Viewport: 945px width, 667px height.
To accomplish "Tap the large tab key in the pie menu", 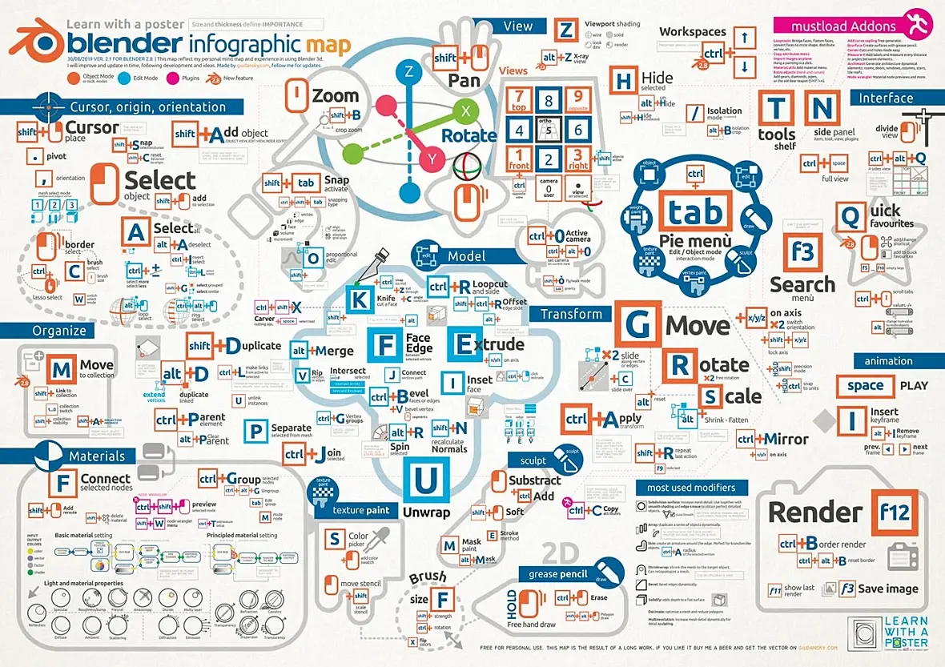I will [694, 212].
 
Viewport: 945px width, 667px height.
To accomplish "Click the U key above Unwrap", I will [425, 480].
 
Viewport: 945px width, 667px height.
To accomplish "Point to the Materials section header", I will [96, 456].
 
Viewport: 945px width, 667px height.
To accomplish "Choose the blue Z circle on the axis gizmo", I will [408, 72].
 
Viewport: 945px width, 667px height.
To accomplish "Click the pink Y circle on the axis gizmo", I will [432, 159].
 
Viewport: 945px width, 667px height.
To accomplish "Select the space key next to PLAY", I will [865, 386].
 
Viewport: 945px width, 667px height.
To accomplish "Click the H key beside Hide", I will [623, 82].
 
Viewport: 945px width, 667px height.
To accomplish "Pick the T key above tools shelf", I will [776, 109].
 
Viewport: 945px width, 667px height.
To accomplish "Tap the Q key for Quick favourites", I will [847, 215].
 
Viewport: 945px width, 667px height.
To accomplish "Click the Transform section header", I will [570, 315].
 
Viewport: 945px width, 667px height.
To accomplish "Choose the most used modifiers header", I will [691, 487].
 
